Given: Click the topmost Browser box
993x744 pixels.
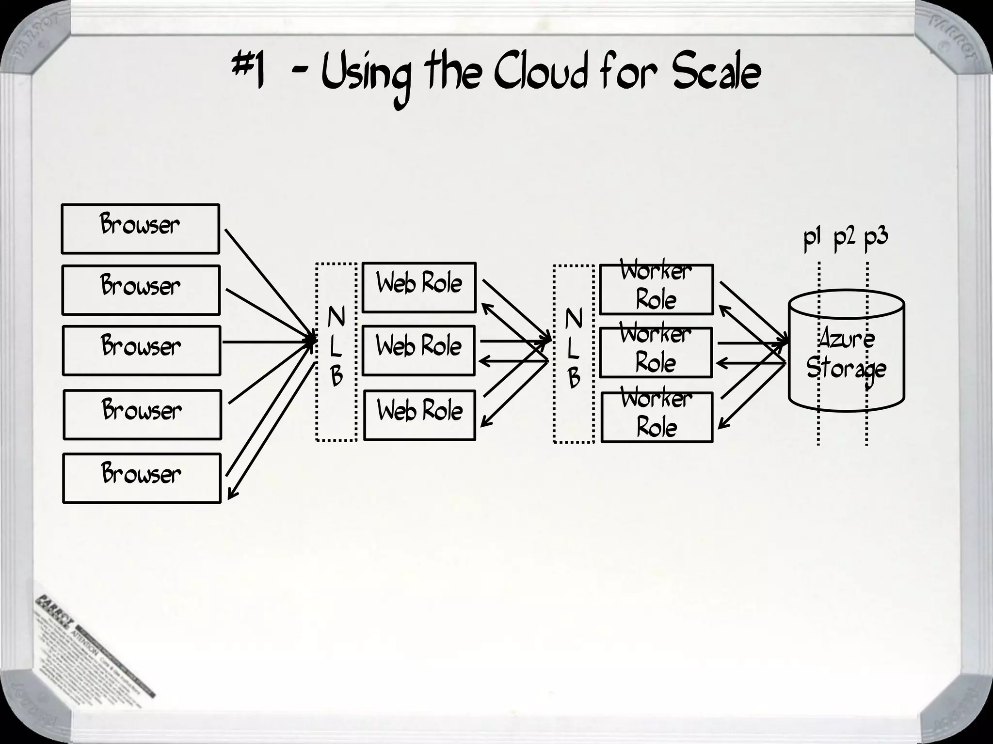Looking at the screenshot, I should tap(140, 229).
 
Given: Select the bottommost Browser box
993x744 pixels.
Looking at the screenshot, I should tap(142, 478).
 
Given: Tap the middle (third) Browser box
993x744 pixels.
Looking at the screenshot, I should tap(141, 350).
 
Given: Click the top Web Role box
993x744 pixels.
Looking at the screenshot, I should tap(419, 287).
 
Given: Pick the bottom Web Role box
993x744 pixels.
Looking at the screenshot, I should tap(419, 416).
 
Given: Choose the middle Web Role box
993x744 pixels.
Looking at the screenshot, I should tap(418, 351).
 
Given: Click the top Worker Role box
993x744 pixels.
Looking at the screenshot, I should tap(656, 289).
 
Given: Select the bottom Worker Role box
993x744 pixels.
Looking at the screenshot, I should tap(657, 417).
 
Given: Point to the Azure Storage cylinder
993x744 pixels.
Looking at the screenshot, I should tap(846, 354).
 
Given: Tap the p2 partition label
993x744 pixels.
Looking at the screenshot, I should tap(844, 238).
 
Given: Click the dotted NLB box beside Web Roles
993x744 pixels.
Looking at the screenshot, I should tap(336, 352).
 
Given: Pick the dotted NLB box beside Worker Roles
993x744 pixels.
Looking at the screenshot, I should tap(574, 354).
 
